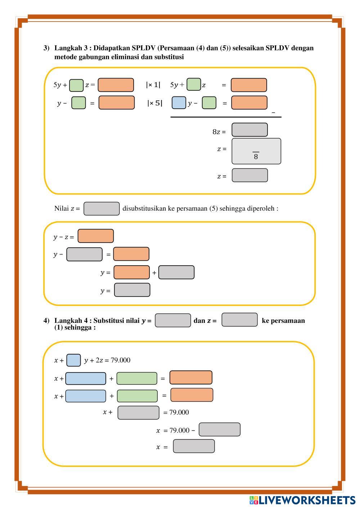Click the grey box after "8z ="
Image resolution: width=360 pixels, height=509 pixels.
[x=249, y=130]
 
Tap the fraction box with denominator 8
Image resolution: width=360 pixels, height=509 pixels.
[x=256, y=151]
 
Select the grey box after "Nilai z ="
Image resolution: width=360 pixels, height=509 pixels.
[x=102, y=209]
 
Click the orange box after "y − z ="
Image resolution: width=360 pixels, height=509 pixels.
[x=96, y=236]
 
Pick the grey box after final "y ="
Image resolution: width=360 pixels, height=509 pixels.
[x=132, y=290]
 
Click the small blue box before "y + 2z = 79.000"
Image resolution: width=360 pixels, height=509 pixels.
[x=73, y=360]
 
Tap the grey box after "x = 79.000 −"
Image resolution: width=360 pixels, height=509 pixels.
[x=220, y=429]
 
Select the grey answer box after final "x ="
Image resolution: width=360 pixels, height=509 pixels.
[x=194, y=446]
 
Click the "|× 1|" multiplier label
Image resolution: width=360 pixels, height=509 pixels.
[x=153, y=85]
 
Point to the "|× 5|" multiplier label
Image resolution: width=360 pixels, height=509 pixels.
[x=154, y=103]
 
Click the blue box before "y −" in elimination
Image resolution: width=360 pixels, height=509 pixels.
[x=179, y=103]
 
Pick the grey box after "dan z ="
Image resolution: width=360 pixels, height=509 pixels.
[x=239, y=320]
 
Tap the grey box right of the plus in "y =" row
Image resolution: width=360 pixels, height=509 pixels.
[x=176, y=272]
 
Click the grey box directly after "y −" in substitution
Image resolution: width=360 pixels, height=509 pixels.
[x=84, y=254]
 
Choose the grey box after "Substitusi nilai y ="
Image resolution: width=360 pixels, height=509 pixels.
[x=173, y=320]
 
